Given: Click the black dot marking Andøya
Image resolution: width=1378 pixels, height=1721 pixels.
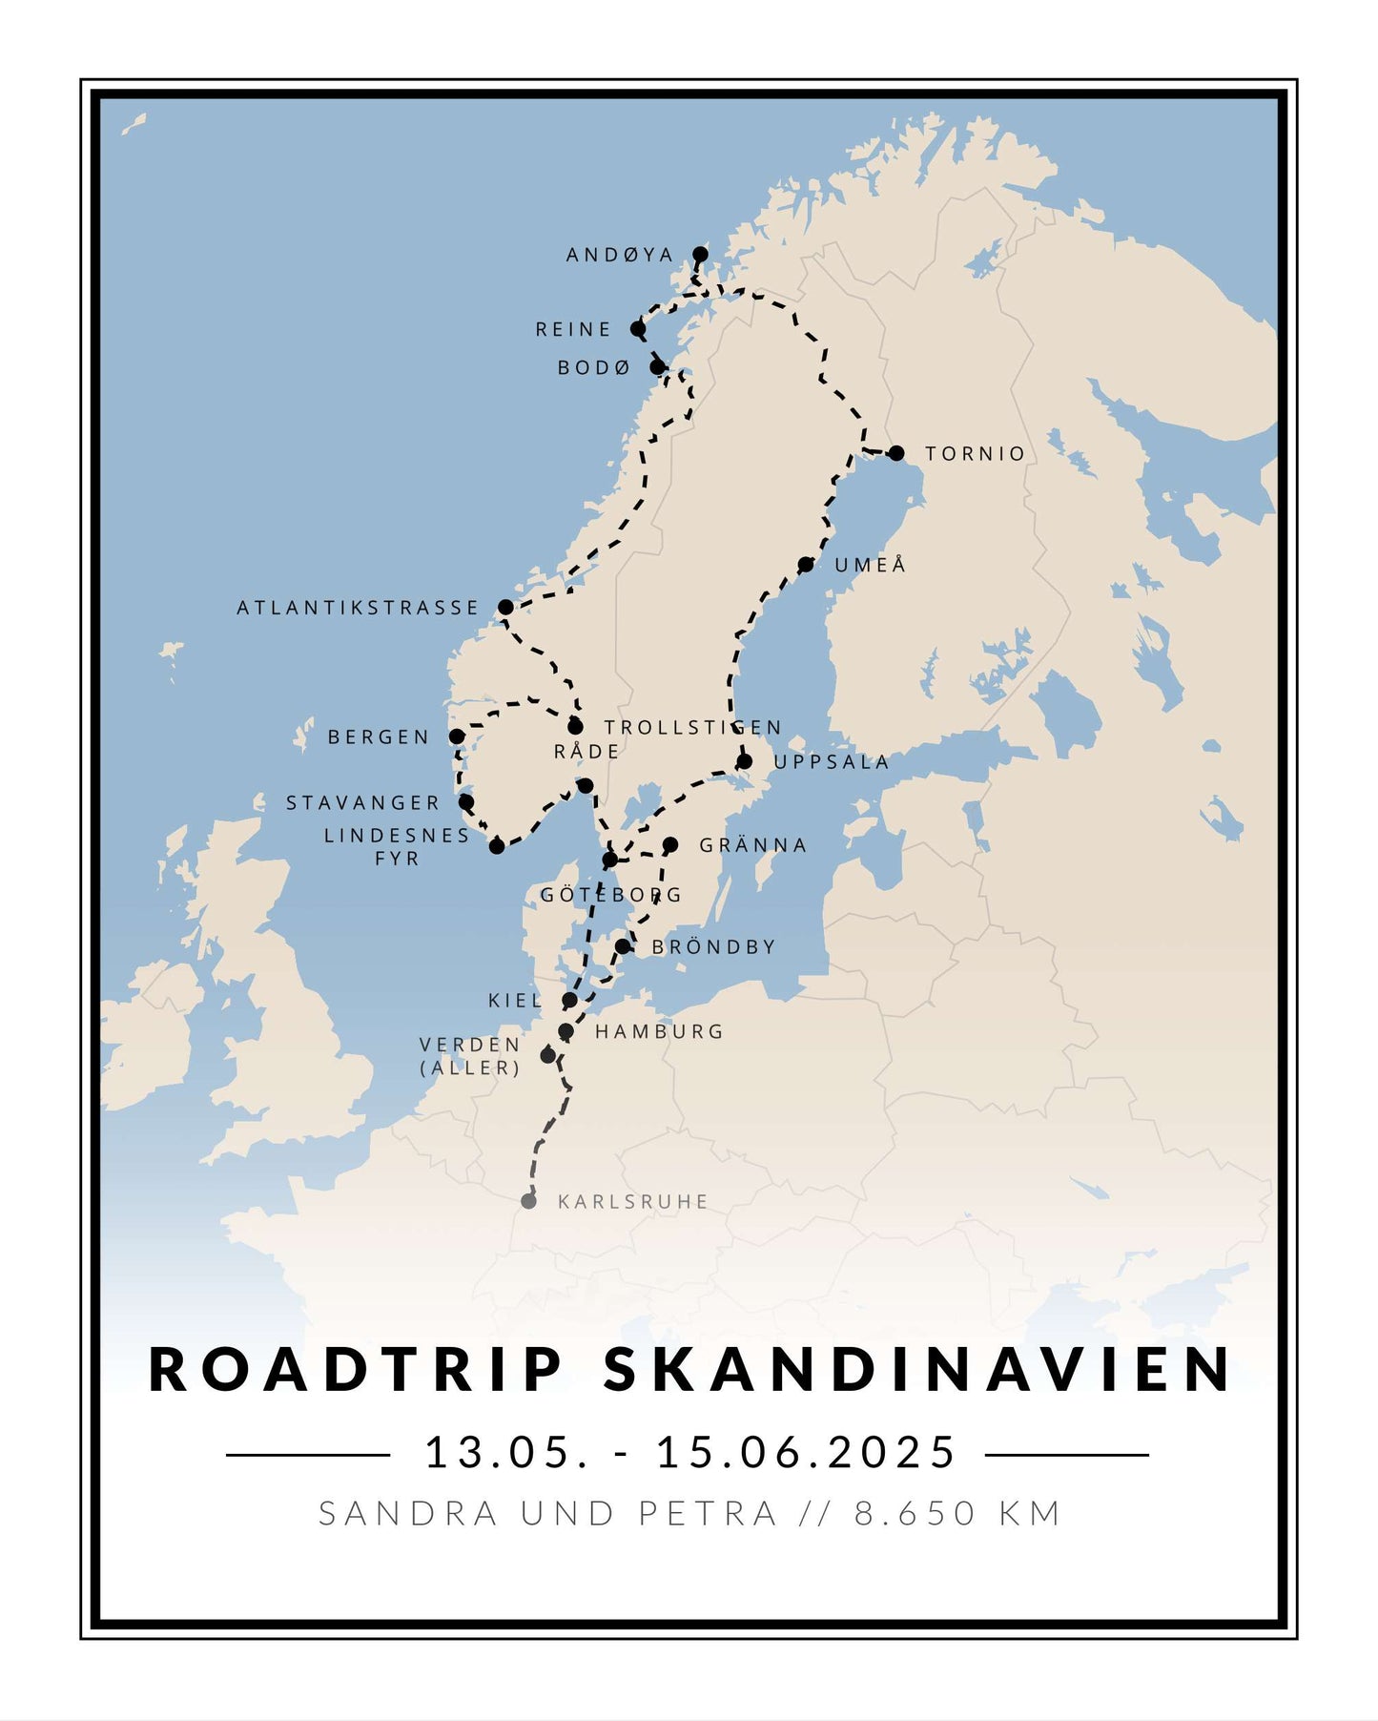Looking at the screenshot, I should pyautogui.click(x=700, y=254).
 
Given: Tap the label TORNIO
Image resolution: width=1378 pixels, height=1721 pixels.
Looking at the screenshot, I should pyautogui.click(x=975, y=454).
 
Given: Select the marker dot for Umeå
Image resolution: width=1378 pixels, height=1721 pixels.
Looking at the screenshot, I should pyautogui.click(x=806, y=565).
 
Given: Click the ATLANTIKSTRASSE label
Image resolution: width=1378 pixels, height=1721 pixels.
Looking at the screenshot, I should pyautogui.click(x=358, y=608).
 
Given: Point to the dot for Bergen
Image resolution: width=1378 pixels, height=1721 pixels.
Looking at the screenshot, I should pyautogui.click(x=457, y=736).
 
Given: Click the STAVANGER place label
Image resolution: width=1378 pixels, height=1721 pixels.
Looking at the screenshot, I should pyautogui.click(x=362, y=803).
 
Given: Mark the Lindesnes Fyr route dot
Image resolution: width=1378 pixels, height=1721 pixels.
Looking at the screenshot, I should pyautogui.click(x=497, y=846).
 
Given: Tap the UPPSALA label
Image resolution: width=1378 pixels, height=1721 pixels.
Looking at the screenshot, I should pyautogui.click(x=832, y=762).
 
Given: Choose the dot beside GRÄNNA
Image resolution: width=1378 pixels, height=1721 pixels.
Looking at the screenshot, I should pyautogui.click(x=670, y=844).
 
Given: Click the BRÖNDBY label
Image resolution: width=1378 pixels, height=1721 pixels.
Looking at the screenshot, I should pyautogui.click(x=713, y=947).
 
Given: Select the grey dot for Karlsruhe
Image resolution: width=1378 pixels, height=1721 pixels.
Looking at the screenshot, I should pyautogui.click(x=528, y=1201).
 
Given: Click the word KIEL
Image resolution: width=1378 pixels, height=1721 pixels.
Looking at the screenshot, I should pyautogui.click(x=515, y=1001).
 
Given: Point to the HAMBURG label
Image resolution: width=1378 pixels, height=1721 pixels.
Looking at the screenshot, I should pyautogui.click(x=659, y=1031).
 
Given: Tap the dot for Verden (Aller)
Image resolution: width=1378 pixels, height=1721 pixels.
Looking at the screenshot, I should pyautogui.click(x=547, y=1055).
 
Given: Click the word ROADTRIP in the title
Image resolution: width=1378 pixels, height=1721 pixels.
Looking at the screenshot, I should pyautogui.click(x=357, y=1370).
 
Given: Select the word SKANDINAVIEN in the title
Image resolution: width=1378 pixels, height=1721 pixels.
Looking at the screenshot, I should pyautogui.click(x=918, y=1370).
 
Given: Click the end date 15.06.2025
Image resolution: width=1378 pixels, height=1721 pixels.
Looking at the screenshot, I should pyautogui.click(x=806, y=1453).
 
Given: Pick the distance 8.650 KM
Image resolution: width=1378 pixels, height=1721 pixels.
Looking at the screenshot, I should pyautogui.click(x=957, y=1514).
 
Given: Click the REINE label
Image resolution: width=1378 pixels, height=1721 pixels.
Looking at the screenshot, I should pyautogui.click(x=572, y=330).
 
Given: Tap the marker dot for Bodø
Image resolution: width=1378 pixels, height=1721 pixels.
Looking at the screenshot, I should pyautogui.click(x=657, y=367).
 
